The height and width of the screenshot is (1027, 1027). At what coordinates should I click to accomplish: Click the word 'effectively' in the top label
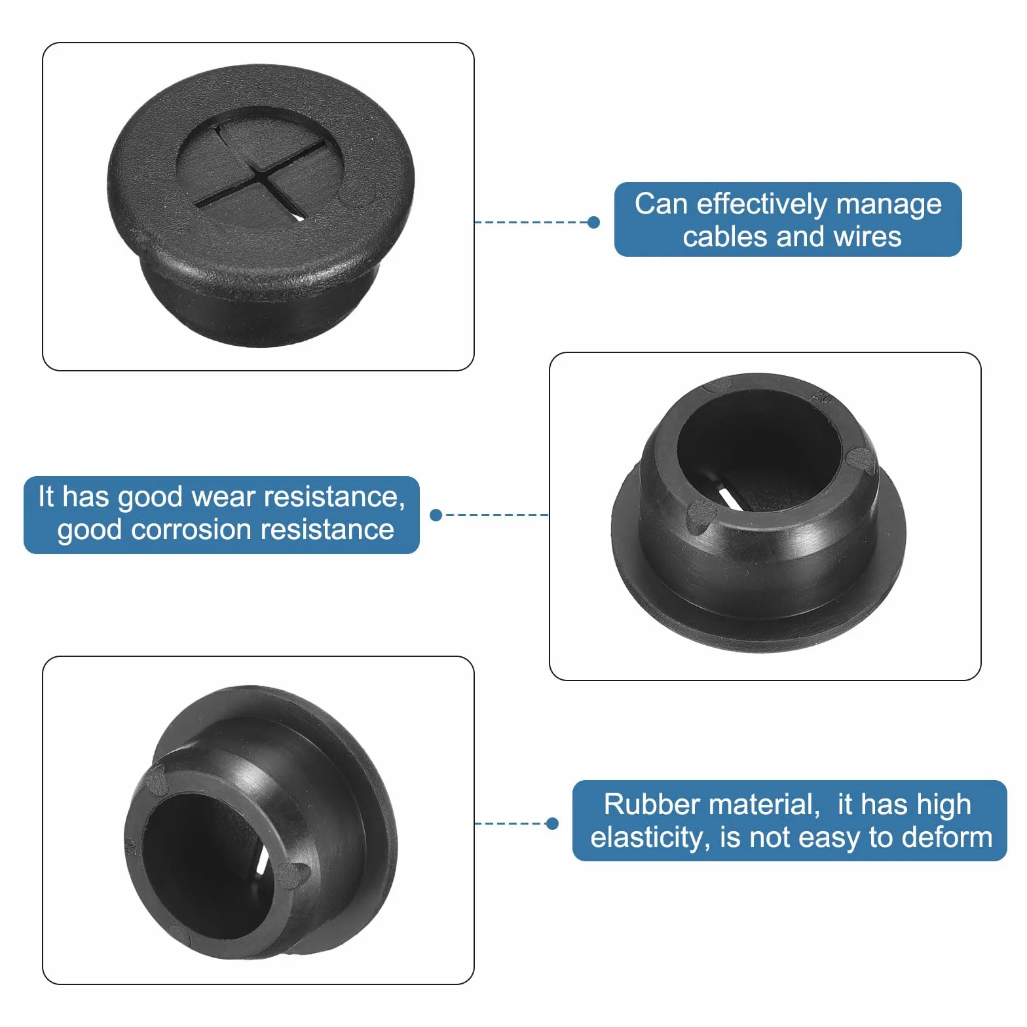tap(762, 204)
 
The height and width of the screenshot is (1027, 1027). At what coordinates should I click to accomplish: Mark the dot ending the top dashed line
tap(594, 222)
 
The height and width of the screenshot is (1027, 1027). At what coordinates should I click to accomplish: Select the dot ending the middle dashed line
tap(436, 515)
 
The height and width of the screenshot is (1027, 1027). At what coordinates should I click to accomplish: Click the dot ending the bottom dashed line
tap(552, 823)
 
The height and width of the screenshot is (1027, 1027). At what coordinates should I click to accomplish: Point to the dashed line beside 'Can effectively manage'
tap(531, 222)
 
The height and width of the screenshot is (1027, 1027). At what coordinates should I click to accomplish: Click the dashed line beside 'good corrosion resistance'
tap(495, 515)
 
